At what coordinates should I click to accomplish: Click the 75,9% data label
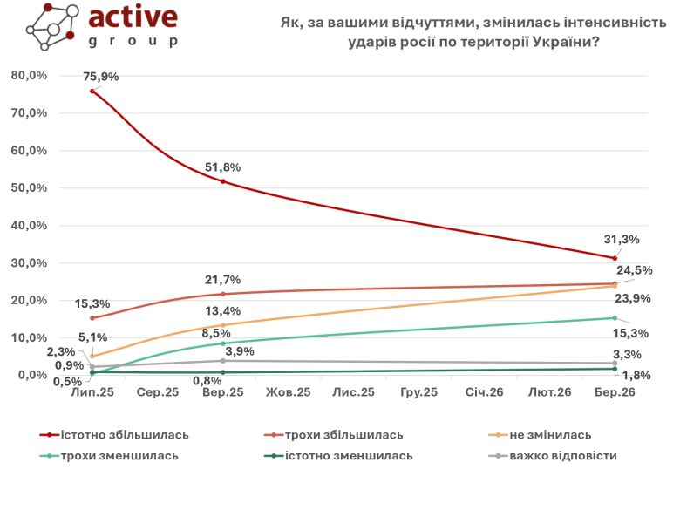(x=101, y=77)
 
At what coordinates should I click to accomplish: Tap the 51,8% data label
(x=223, y=167)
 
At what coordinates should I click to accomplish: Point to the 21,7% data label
(x=223, y=280)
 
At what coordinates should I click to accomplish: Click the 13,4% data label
(x=223, y=312)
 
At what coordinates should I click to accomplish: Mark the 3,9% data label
(x=239, y=351)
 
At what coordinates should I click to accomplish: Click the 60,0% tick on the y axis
(x=29, y=151)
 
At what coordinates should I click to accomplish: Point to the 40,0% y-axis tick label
(x=29, y=226)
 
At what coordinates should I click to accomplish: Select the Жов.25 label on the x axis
(x=288, y=393)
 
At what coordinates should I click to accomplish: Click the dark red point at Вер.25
(x=223, y=181)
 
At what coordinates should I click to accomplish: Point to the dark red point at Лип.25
(x=92, y=91)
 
